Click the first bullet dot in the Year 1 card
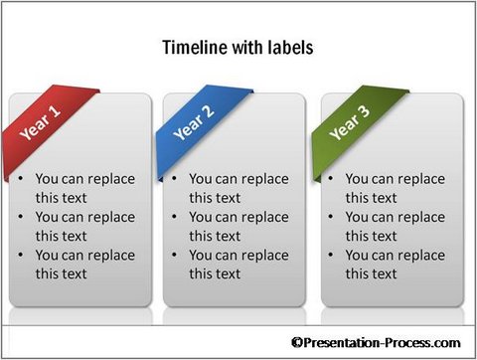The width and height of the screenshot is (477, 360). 22,180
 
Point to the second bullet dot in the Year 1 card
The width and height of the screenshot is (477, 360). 22,218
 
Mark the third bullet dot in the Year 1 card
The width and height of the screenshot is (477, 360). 22,256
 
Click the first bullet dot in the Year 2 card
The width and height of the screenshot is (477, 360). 176,180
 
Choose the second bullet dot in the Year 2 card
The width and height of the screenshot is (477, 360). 176,218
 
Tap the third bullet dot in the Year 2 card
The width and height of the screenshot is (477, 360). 176,256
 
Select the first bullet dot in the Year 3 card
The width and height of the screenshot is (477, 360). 332,180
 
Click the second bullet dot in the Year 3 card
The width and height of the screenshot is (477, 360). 332,218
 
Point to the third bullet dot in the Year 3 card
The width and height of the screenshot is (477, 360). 332,256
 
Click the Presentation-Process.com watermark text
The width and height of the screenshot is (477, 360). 384,342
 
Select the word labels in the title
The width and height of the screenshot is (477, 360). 285,47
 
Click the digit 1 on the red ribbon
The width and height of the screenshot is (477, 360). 56,112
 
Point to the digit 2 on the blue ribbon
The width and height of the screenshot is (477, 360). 211,110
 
